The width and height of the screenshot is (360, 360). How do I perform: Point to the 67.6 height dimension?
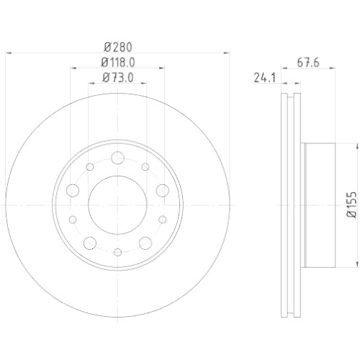[309, 62]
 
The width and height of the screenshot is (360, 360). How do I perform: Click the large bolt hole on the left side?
[73, 191]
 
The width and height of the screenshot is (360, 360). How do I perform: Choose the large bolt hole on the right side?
[162, 191]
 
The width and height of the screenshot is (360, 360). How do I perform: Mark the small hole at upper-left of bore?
[90, 168]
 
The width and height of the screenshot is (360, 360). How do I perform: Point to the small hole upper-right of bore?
[145, 168]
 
